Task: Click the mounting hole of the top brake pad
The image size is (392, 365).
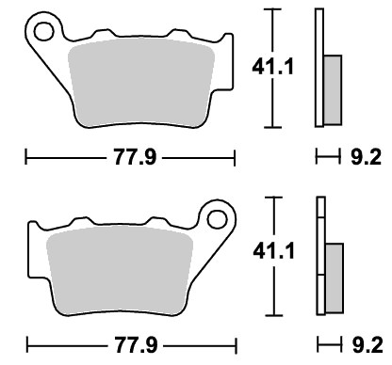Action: (43, 31)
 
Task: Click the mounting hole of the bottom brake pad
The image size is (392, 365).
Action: (217, 219)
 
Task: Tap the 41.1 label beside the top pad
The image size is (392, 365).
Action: (272, 67)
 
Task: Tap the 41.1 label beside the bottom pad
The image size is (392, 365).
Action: (273, 251)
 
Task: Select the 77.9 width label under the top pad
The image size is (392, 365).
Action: (135, 157)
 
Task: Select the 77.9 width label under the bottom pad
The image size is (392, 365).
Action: (136, 345)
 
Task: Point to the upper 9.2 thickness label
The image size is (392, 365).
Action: (366, 157)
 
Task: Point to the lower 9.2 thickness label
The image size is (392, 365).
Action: (367, 345)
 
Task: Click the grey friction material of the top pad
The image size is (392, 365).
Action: (141, 83)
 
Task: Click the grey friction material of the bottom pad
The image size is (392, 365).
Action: (120, 270)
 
